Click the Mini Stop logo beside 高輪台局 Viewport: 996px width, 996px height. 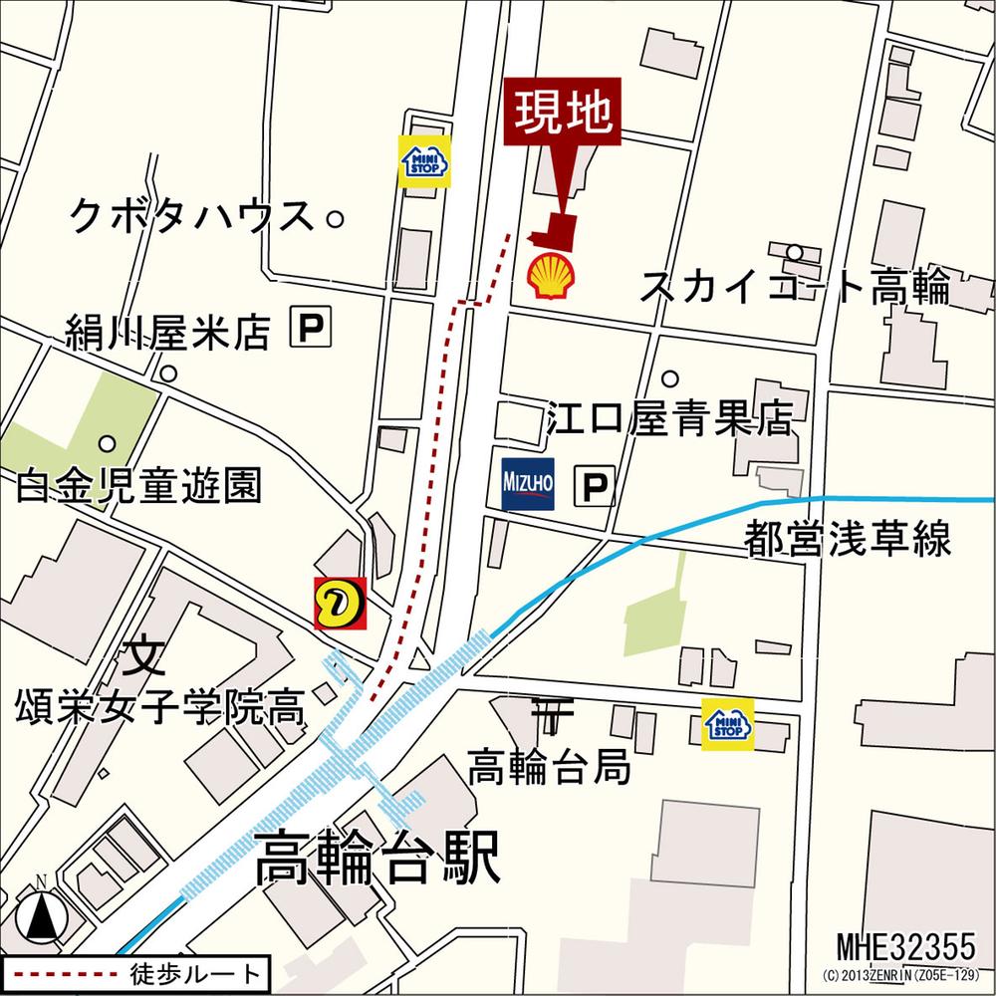727,724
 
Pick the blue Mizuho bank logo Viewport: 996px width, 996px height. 528,485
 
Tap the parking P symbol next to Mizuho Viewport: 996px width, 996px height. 596,487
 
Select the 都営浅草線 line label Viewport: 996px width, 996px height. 848,539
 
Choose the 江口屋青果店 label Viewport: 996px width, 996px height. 670,420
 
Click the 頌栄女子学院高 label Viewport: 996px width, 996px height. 159,709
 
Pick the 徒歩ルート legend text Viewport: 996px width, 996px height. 198,973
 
